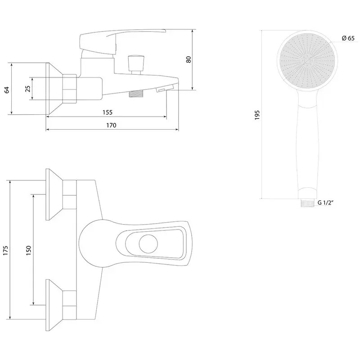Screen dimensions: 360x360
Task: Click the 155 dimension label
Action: [x=107, y=112]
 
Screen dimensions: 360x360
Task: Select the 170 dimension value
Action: [x=111, y=126]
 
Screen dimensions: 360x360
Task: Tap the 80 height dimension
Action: [x=189, y=59]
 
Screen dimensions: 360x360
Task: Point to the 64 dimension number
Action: [x=7, y=89]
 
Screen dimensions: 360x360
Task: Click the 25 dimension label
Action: [x=28, y=88]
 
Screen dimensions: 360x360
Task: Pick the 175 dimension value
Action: [x=6, y=251]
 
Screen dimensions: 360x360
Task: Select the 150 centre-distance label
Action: [x=28, y=250]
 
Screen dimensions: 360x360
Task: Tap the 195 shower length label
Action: [x=257, y=115]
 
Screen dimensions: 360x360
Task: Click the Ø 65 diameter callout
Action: [x=347, y=38]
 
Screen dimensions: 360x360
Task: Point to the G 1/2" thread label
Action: [x=325, y=203]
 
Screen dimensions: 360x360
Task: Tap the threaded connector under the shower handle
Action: [x=307, y=202]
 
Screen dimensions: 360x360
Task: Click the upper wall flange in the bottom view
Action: [x=55, y=195]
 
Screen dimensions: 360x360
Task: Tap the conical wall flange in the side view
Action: [x=54, y=88]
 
